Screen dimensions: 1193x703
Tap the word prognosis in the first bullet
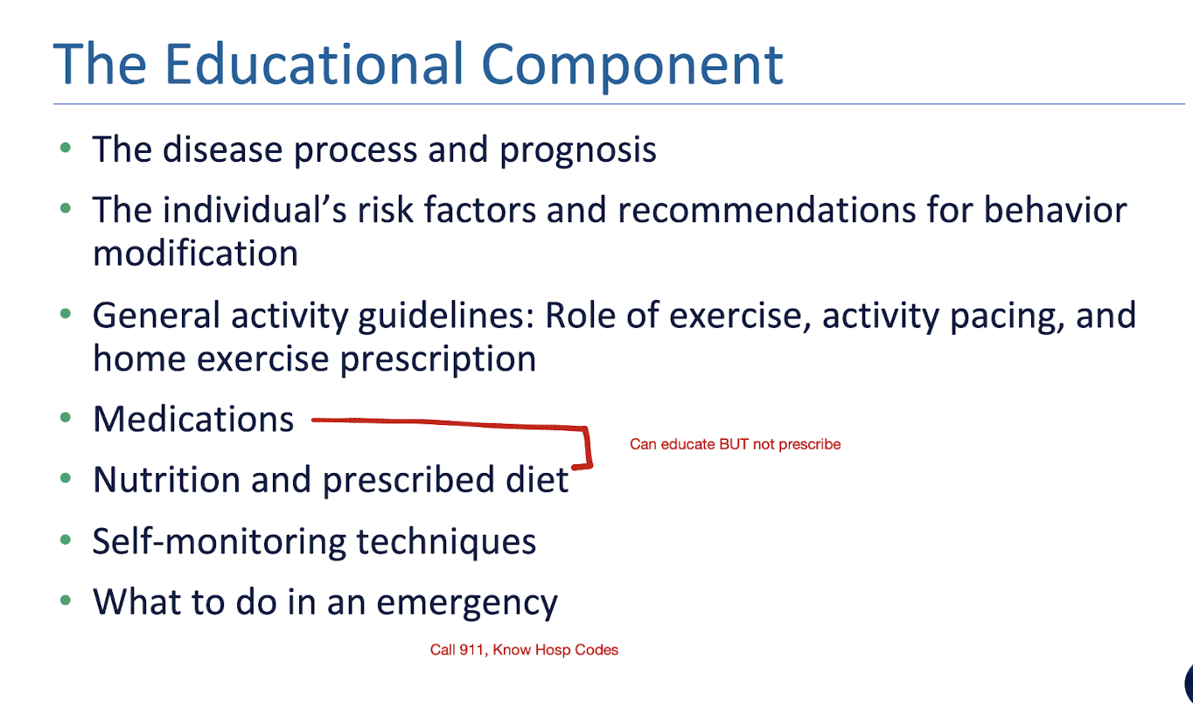578,151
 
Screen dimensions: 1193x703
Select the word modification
195,253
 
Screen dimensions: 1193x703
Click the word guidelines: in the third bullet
446,317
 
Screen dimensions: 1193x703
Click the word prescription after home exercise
438,360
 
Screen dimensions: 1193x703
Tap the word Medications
193,419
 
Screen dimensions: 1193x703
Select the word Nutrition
167,479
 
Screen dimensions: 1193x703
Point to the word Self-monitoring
219,541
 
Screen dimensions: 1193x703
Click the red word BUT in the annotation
734,444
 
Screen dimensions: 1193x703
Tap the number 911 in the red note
475,651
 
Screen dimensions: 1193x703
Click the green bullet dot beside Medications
66,418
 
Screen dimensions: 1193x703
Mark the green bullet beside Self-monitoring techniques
66,540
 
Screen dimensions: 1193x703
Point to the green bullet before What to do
66,601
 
